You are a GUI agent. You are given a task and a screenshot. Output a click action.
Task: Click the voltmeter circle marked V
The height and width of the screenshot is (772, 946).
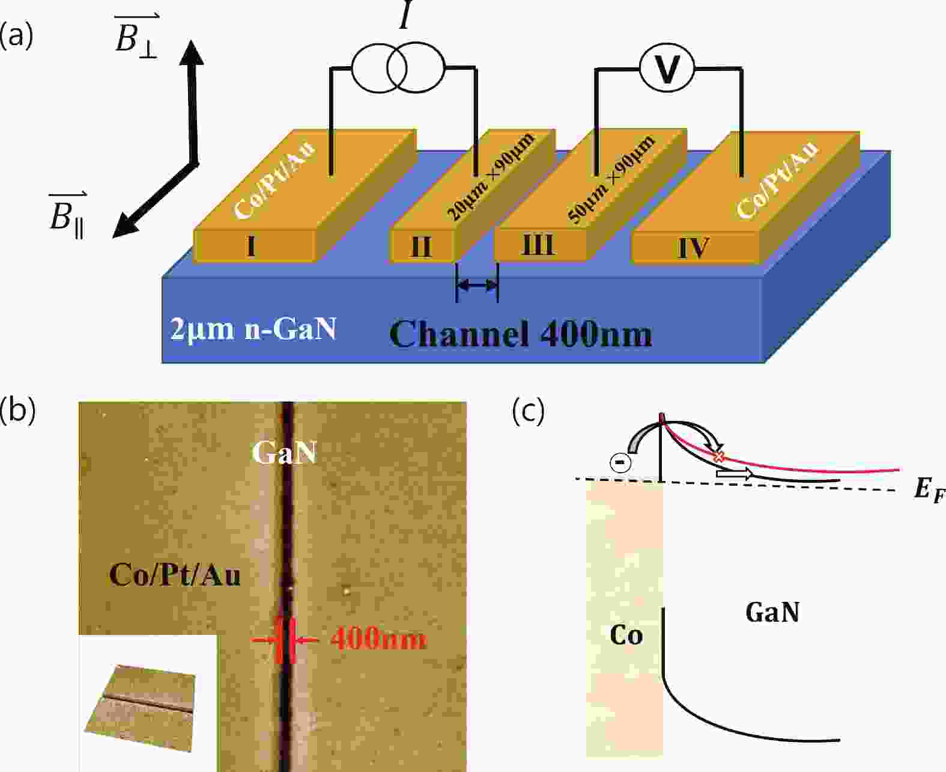(x=667, y=69)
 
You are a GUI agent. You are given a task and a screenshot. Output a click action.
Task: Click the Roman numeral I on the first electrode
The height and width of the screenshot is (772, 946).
(x=250, y=246)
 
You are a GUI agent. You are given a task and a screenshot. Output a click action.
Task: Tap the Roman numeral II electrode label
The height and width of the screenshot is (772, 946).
(x=420, y=247)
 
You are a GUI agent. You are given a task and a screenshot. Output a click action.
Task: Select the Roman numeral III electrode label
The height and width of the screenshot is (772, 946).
(x=538, y=245)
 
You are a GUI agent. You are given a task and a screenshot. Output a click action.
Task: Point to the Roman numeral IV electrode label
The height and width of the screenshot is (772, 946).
(x=693, y=248)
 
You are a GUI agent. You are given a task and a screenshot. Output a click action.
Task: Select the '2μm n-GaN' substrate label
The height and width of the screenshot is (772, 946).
(x=253, y=329)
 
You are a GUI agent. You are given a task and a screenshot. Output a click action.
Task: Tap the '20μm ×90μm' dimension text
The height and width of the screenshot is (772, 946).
(x=492, y=177)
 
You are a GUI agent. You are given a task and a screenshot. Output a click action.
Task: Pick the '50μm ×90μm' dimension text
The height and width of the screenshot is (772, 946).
(x=612, y=179)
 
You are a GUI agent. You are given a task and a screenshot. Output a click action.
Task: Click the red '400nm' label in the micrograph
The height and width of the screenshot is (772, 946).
(x=378, y=639)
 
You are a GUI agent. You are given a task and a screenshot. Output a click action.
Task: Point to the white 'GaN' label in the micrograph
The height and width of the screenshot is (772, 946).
(x=285, y=452)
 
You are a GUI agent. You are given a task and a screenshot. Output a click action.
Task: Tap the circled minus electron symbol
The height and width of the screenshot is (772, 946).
(x=621, y=462)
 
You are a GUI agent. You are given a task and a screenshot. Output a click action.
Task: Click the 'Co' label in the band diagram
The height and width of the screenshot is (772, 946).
(x=626, y=635)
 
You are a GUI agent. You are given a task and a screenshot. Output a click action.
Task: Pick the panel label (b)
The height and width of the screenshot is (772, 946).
(x=17, y=410)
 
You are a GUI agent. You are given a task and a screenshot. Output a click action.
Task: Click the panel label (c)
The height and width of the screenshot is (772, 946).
(x=529, y=410)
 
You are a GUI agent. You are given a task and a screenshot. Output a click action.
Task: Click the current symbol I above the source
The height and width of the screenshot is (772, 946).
(x=405, y=15)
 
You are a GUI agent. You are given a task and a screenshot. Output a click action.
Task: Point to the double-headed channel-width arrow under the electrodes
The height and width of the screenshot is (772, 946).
(x=477, y=285)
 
